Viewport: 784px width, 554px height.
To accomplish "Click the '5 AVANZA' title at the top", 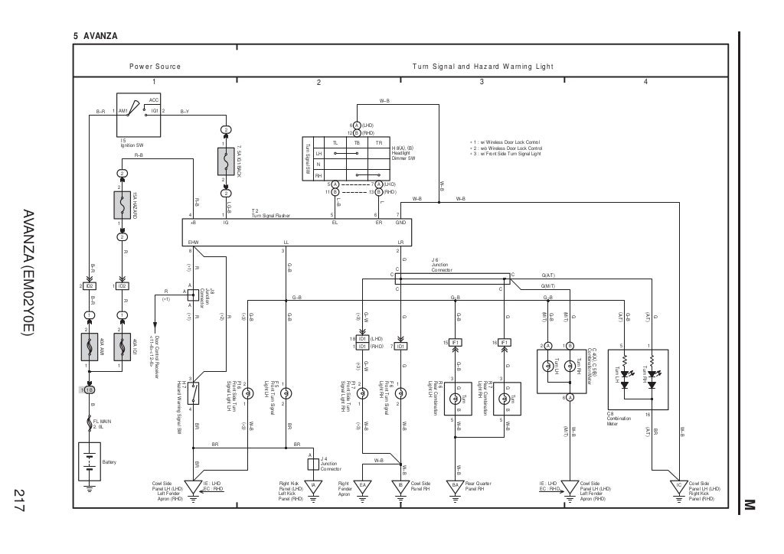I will [95, 36].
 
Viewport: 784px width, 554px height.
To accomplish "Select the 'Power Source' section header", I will [155, 67].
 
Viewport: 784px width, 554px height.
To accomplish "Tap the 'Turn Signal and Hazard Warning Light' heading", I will [482, 67].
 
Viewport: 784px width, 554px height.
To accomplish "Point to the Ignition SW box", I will [138, 112].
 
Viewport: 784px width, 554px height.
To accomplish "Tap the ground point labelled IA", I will [313, 484].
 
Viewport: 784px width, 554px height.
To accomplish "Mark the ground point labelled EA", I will [364, 484].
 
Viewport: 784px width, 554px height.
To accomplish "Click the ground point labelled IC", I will [678, 484].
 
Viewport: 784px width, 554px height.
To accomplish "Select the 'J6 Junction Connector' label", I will [442, 266].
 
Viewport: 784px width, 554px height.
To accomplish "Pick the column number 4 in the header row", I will [645, 82].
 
